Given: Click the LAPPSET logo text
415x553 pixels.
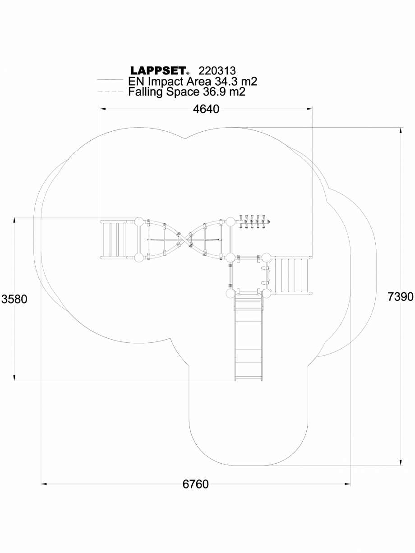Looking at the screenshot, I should click(159, 71).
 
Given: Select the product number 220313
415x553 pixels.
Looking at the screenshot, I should click(217, 71).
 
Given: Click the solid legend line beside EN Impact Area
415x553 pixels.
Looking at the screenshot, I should click(110, 80).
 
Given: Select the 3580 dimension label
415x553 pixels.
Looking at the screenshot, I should click(14, 299).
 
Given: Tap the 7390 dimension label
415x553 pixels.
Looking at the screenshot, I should click(400, 296).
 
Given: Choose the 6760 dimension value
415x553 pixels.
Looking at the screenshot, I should click(195, 484).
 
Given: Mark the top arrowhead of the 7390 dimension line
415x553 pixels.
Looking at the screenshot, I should click(400, 130).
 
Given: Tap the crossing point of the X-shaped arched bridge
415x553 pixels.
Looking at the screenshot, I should click(184, 240).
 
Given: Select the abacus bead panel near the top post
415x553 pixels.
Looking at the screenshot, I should click(254, 221).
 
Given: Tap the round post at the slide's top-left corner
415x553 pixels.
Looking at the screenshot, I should click(231, 294).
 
